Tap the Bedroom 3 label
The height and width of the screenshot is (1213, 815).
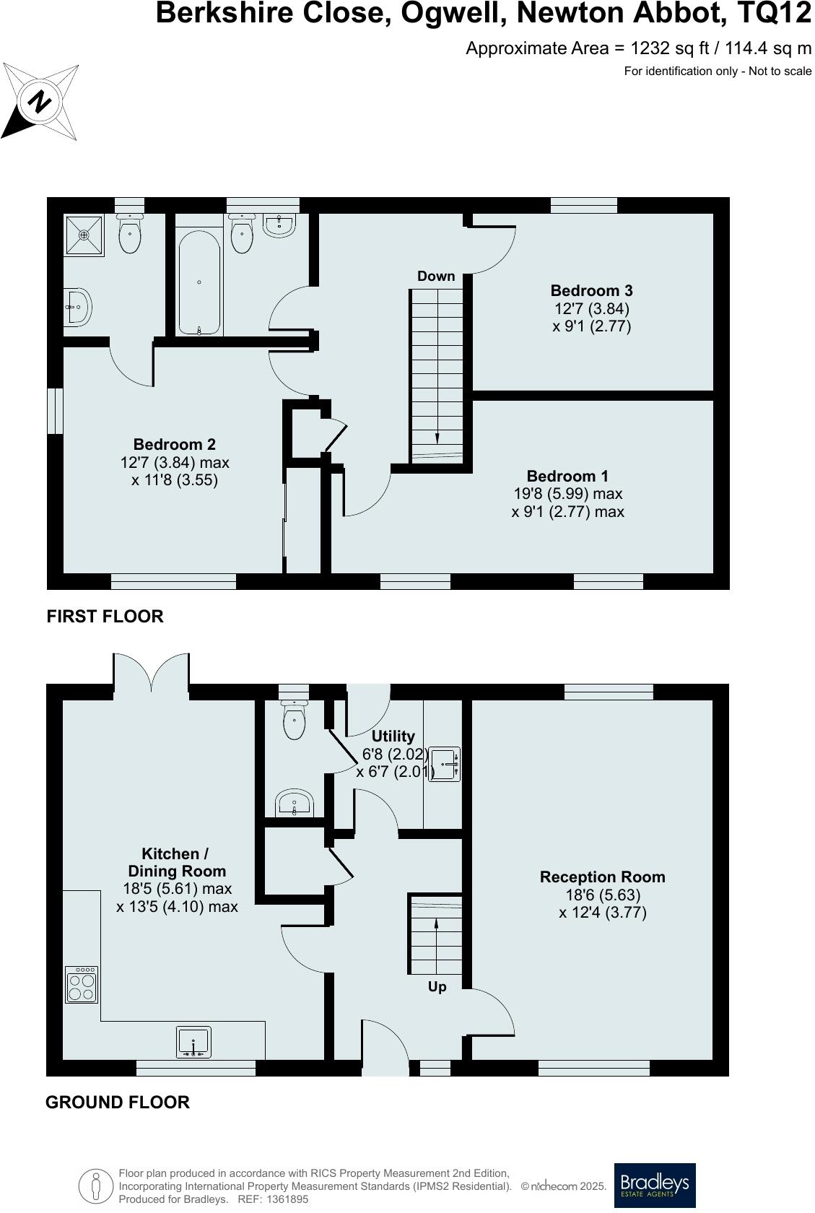tap(591, 290)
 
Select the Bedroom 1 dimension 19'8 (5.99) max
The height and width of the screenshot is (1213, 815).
tap(567, 494)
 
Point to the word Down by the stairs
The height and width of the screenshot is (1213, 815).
tap(436, 276)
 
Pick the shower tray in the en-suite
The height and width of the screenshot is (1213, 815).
tap(84, 235)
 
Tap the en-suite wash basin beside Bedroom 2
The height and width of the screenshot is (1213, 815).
tap(77, 308)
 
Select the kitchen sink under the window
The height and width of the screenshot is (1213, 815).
tap(193, 1042)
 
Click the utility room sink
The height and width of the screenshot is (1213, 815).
tap(444, 764)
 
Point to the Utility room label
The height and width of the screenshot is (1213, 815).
tap(393, 736)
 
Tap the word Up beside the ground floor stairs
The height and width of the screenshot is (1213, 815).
tap(437, 986)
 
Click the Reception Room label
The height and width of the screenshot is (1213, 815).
tap(602, 877)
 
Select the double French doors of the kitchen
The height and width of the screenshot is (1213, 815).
tap(152, 672)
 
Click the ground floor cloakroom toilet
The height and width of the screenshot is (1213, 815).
tap(294, 720)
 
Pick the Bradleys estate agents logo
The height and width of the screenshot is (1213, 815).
tap(654, 1185)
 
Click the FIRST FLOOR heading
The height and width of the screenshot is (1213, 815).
tap(105, 616)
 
